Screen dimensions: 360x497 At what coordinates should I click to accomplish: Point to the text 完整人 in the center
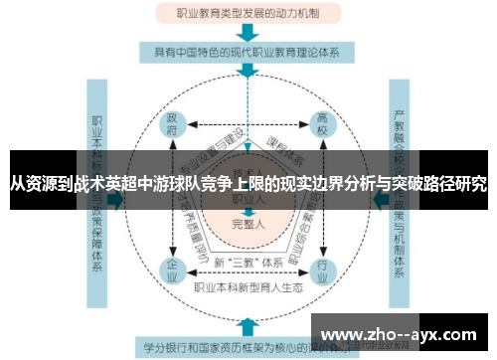point(247,224)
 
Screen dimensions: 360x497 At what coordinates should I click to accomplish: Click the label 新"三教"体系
point(248,264)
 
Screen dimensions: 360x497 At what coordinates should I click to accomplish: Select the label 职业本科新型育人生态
point(248,289)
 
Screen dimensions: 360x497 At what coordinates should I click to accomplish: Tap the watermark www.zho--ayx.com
point(400,334)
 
